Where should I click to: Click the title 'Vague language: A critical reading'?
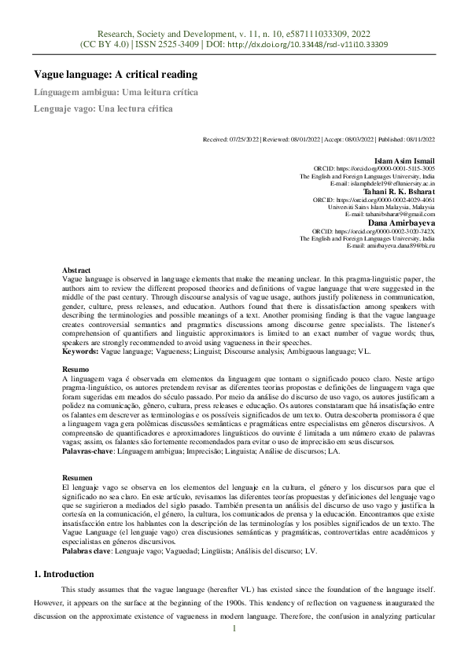tap(115, 75)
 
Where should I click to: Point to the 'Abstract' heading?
tap(76, 270)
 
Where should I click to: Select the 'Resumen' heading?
tap(78, 477)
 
